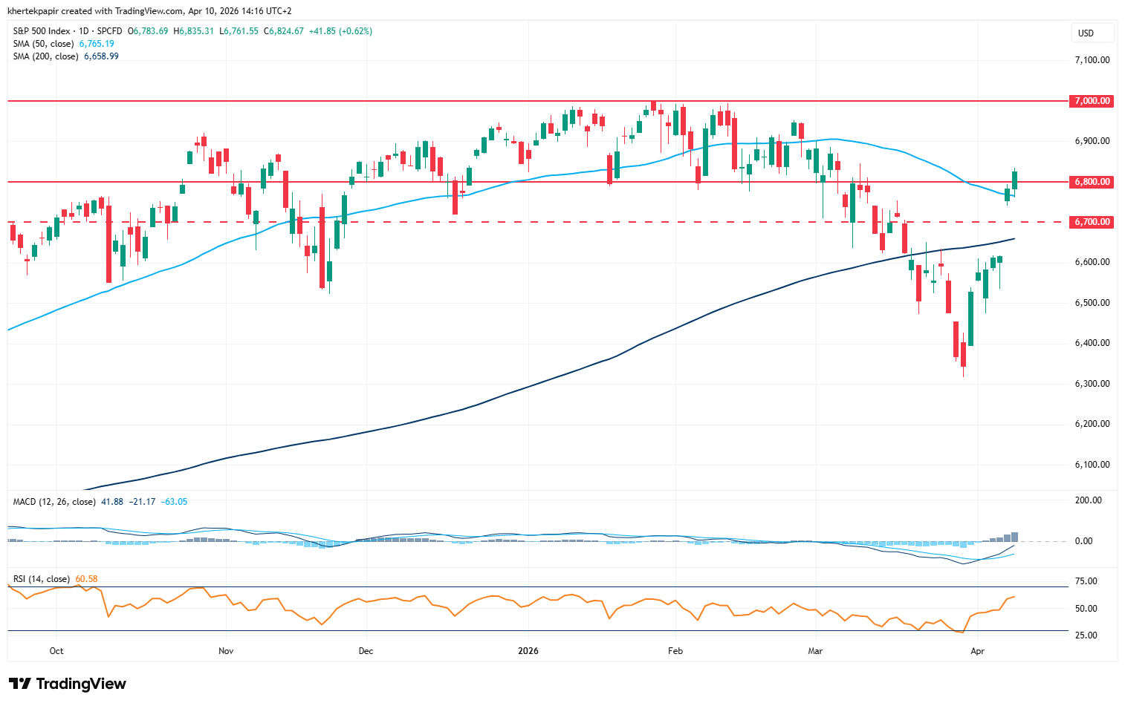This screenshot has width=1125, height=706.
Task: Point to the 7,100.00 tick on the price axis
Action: (1092, 60)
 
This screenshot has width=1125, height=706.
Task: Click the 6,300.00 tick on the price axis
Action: (1092, 384)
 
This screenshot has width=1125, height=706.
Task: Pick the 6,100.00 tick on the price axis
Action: (1092, 465)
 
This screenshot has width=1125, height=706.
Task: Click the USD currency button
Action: (1086, 33)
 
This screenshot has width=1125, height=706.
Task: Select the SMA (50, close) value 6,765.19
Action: (97, 44)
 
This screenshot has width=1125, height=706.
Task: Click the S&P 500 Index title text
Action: (42, 31)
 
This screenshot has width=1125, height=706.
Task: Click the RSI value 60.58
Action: (86, 579)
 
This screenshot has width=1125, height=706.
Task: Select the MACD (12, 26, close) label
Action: (54, 502)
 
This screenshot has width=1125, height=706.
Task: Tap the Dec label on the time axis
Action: (366, 651)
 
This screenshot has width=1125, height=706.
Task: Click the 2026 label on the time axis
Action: (528, 651)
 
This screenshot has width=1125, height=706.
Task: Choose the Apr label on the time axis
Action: (978, 651)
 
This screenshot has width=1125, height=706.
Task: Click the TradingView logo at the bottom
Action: (68, 684)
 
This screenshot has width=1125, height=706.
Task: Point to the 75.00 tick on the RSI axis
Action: (1086, 581)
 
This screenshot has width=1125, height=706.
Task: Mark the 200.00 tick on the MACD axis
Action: (1089, 500)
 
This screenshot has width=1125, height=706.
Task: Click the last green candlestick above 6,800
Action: (1014, 180)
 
